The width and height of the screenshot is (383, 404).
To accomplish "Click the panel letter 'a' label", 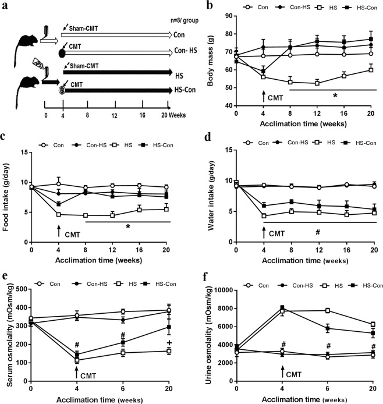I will pos(5,6).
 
